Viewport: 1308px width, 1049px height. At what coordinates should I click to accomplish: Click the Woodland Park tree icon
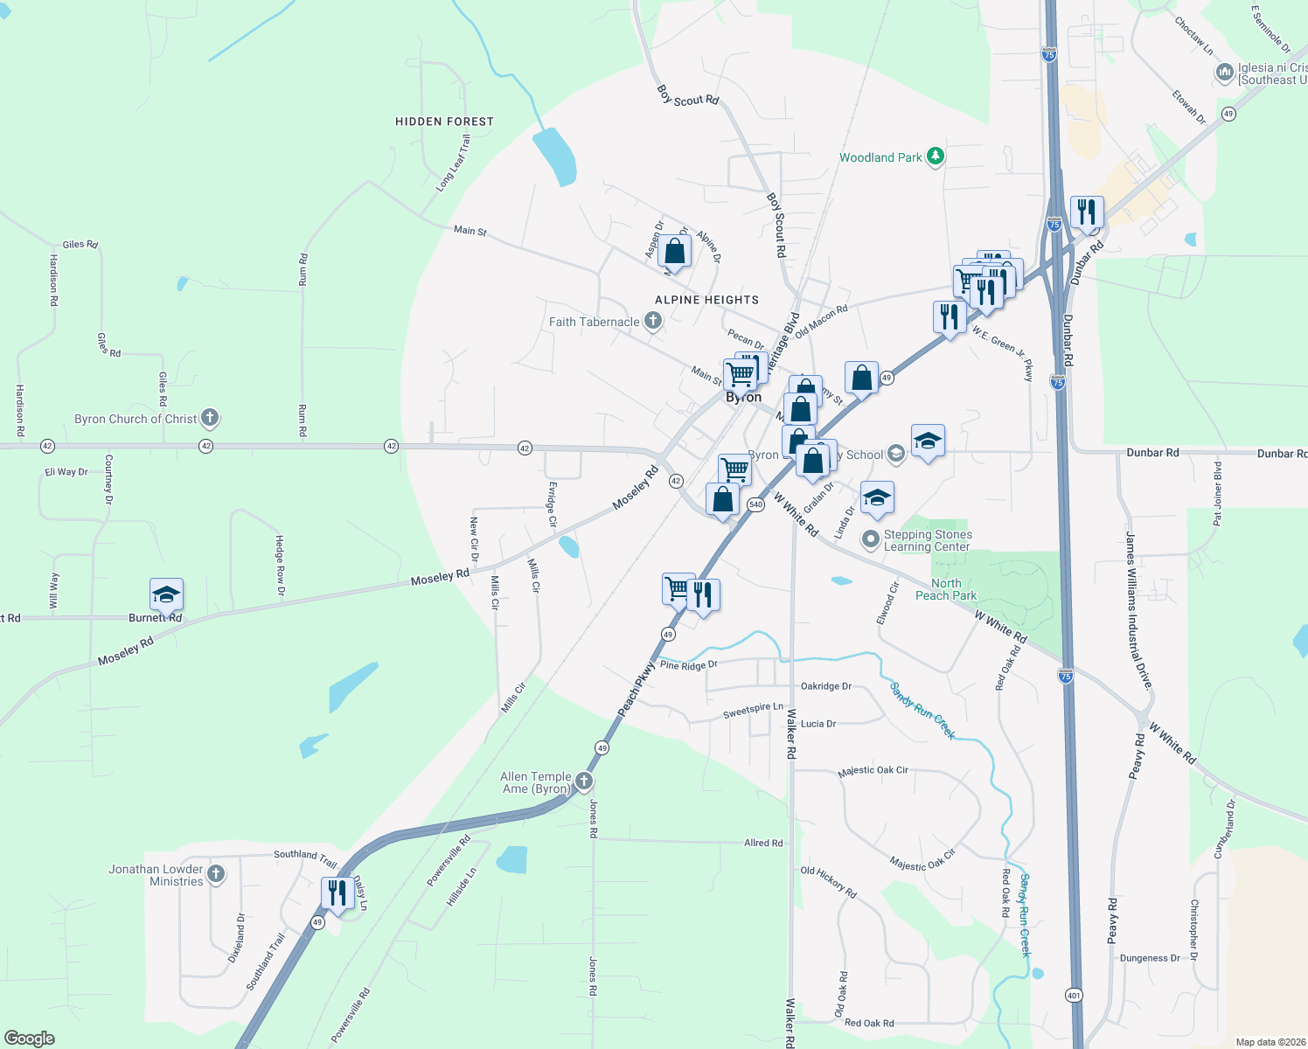(x=936, y=156)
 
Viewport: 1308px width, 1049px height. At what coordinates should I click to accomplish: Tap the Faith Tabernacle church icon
(x=652, y=322)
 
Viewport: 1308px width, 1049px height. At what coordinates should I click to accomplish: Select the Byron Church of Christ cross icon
(x=209, y=418)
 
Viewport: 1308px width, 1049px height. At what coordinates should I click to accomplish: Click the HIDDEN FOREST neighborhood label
(x=444, y=122)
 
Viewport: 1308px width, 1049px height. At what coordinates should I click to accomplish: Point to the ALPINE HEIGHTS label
(x=706, y=300)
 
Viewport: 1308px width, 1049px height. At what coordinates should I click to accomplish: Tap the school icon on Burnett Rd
(x=166, y=594)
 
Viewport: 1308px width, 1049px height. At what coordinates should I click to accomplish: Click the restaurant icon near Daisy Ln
(x=337, y=892)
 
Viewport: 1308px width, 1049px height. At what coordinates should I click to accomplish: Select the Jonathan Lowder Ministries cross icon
(x=216, y=873)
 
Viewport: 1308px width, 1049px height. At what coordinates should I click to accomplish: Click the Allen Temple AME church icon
(x=584, y=782)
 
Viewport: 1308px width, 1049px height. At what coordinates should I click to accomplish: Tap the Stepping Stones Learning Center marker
(x=870, y=539)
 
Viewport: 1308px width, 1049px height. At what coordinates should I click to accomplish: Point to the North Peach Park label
(x=946, y=589)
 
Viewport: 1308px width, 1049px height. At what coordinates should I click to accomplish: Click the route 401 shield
(x=1074, y=995)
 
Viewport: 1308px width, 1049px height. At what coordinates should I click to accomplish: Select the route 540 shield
(x=756, y=504)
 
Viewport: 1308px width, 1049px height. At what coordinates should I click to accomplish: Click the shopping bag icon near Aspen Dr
(x=675, y=251)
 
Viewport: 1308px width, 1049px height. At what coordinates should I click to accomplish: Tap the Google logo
(x=30, y=1039)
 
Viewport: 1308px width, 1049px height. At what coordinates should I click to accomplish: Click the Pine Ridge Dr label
(x=688, y=665)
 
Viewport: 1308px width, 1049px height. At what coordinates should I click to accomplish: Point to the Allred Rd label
(x=763, y=843)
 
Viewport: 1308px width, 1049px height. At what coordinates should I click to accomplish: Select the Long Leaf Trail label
(x=453, y=163)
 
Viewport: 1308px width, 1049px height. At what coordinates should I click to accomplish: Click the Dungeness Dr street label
(x=1150, y=958)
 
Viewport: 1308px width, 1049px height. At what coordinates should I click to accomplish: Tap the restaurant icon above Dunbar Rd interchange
(x=1086, y=212)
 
